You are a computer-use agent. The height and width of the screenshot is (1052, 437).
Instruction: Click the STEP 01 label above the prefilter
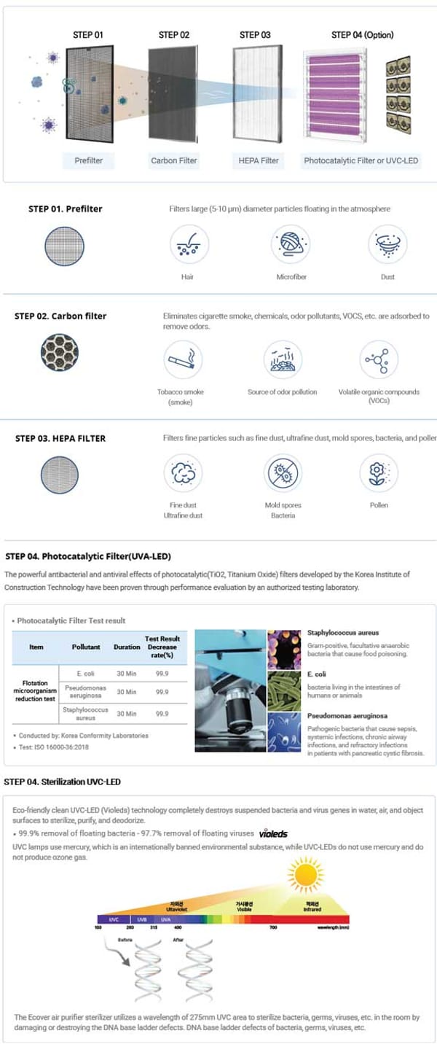coord(88,35)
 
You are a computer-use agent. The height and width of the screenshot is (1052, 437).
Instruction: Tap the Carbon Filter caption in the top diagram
coord(174,160)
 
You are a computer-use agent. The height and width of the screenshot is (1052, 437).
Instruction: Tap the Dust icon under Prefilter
coord(387,244)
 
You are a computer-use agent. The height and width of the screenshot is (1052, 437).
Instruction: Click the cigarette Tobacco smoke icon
coord(183,359)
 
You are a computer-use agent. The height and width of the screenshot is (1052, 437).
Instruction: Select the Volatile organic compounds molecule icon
coord(379,359)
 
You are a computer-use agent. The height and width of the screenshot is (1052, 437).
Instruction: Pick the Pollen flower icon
coord(379,472)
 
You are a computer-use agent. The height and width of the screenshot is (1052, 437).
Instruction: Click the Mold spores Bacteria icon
coord(283,472)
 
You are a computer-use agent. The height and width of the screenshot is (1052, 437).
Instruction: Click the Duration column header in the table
coord(127,647)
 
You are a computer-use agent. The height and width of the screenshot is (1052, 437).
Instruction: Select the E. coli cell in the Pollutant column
coord(86,674)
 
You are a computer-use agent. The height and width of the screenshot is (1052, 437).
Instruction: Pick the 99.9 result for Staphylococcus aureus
coord(162,714)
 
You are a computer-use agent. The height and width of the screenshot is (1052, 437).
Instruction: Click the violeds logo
coord(273,833)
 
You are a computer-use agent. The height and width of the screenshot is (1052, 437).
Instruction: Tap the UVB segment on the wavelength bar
coord(142,919)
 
